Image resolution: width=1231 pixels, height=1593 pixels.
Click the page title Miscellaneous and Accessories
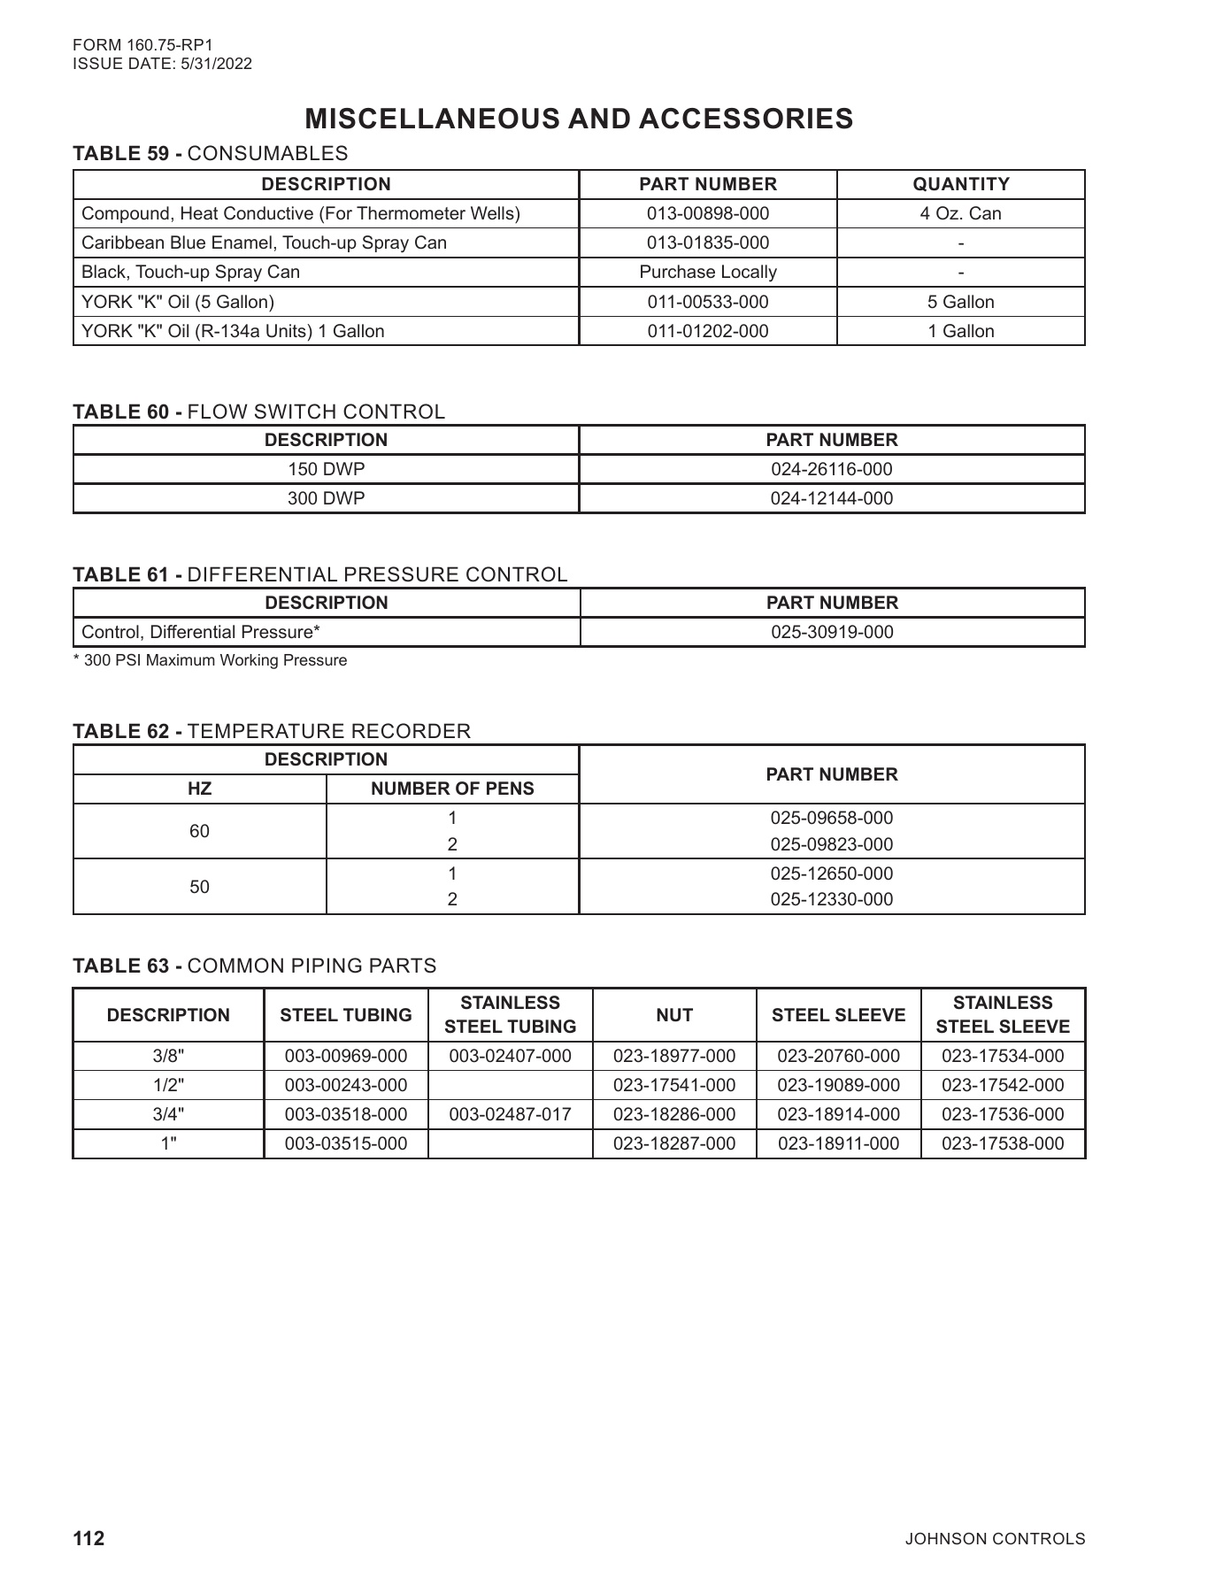579,119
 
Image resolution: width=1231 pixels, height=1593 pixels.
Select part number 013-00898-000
707,213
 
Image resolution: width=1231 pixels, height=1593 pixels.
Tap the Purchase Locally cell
707,272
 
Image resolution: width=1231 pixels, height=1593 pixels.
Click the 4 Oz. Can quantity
960,213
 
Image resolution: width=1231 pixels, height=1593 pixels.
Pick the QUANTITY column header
960,184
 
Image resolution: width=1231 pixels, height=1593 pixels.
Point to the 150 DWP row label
326,469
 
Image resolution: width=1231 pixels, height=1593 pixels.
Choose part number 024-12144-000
831,498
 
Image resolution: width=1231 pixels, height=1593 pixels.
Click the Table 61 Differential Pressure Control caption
320,574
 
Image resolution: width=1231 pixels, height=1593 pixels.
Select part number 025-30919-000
831,632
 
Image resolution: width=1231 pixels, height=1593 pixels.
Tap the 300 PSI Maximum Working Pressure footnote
210,660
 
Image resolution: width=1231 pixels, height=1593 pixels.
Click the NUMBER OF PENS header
452,789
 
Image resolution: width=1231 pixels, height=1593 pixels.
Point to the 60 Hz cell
199,831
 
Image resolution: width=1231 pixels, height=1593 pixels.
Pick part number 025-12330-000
831,899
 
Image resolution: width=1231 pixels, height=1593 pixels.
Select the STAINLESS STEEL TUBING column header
510,1014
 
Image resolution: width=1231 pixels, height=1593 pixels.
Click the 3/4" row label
168,1114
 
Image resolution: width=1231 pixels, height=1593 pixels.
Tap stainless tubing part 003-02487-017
510,1114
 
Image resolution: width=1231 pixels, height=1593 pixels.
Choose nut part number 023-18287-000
673,1143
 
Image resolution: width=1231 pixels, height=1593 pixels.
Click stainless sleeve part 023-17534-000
1002,1056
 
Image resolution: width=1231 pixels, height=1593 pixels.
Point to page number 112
88,1539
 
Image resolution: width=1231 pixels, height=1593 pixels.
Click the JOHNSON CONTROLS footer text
995,1539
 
